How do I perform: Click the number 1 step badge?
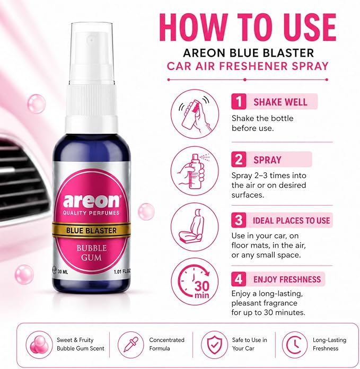[x=239, y=101]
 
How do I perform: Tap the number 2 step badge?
[x=239, y=160]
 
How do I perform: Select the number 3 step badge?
[x=239, y=220]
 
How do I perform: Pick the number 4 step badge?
[x=239, y=279]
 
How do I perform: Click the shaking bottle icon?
[x=195, y=113]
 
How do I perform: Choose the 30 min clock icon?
[x=195, y=282]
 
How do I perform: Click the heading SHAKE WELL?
[x=280, y=102]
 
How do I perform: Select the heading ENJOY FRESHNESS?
[x=287, y=279]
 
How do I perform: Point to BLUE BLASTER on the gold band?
[x=91, y=231]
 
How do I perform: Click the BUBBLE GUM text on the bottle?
[x=92, y=252]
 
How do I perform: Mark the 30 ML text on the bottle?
[x=63, y=272]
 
